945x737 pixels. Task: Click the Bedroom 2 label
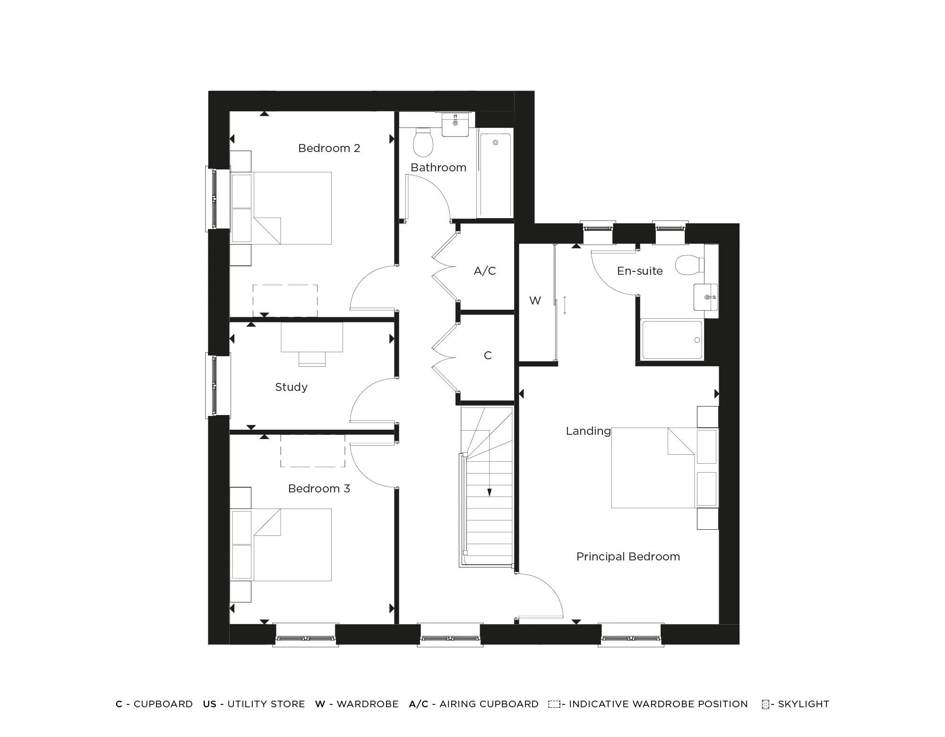point(329,148)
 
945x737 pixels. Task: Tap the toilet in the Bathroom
point(423,142)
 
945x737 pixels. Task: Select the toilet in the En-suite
point(688,265)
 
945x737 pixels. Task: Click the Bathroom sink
point(455,124)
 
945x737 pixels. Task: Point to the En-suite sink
point(706,297)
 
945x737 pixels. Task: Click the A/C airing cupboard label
point(485,271)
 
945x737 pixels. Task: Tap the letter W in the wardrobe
point(535,301)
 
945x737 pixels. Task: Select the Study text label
point(291,387)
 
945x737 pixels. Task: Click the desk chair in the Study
point(312,359)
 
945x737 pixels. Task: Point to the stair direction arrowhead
point(490,492)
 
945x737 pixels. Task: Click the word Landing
point(588,431)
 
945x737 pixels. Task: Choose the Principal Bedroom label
point(628,557)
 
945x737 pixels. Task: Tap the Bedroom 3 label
point(319,489)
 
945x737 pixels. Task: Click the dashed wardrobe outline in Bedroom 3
point(312,451)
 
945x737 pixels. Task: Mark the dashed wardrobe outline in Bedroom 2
point(285,301)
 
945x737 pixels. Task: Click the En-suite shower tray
point(671,340)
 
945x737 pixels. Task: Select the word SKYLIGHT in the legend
point(803,704)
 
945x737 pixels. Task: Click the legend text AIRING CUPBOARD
point(489,704)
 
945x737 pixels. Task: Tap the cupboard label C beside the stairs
point(488,356)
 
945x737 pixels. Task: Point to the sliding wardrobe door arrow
point(565,305)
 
